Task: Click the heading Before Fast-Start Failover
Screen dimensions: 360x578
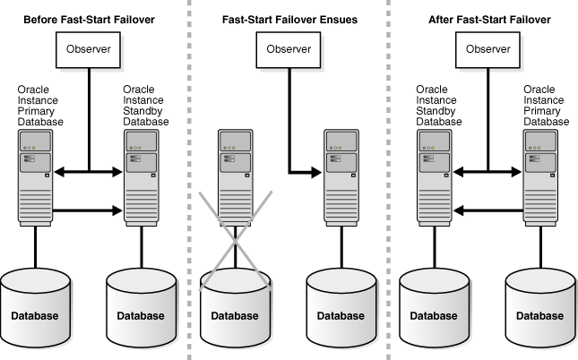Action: [89, 19]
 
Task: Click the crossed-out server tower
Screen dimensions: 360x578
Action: [237, 177]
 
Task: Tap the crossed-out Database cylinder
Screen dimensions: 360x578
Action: [236, 304]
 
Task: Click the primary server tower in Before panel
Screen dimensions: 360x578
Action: [34, 177]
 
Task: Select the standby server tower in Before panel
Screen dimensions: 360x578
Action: [142, 177]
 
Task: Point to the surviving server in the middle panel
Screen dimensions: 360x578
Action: [342, 177]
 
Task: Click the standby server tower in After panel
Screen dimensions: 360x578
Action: [436, 177]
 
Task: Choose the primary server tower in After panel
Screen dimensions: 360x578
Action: [543, 177]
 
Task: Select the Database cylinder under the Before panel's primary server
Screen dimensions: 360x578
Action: [35, 304]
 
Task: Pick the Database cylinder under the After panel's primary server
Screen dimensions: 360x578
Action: [543, 304]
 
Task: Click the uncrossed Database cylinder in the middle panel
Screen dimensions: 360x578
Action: [342, 304]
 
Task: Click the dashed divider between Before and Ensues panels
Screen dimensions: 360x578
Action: [189, 179]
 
